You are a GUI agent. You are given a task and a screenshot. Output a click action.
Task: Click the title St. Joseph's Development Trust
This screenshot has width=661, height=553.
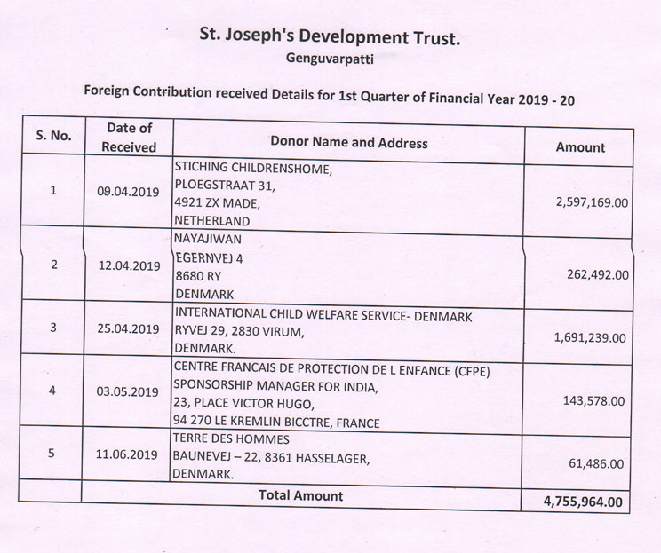point(330,39)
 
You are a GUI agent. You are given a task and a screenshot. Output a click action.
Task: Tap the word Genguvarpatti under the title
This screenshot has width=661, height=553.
point(330,60)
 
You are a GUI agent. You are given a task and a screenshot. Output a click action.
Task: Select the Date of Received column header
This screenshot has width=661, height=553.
point(129,138)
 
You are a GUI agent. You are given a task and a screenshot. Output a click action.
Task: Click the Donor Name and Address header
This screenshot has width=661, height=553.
point(348,142)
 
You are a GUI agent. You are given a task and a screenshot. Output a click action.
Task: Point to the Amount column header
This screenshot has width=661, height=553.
point(580,147)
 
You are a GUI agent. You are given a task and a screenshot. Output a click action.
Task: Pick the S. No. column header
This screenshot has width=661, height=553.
point(53,136)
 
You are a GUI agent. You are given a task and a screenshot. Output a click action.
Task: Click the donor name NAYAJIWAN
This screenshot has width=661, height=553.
point(209,238)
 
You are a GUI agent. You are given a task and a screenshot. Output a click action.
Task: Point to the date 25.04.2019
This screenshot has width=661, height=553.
point(129,328)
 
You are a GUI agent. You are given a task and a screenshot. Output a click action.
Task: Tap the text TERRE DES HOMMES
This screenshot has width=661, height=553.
point(232,438)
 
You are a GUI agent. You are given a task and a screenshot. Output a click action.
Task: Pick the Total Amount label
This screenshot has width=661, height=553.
point(300,495)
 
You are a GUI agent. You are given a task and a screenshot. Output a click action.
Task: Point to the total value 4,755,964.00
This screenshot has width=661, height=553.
point(582,502)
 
